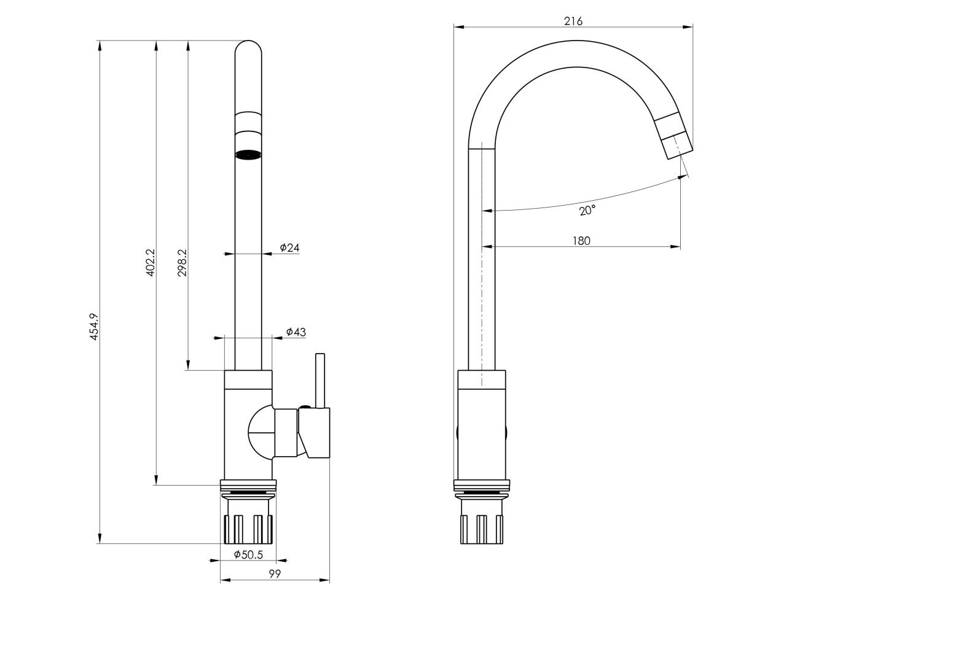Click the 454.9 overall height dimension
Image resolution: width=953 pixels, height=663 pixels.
94,327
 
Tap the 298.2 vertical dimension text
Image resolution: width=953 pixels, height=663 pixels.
182,263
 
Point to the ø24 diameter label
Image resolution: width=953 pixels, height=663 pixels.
289,247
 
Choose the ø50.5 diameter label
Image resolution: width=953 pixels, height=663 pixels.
248,555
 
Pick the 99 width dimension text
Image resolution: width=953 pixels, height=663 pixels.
275,574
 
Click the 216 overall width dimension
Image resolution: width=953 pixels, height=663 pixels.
573,21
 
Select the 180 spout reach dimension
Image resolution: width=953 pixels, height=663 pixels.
581,241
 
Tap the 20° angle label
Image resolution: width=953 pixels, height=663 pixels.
587,211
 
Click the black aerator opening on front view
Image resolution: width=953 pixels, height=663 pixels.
248,155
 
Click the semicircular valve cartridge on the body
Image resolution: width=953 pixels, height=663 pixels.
261,433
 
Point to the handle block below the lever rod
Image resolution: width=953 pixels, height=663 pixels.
315,433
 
